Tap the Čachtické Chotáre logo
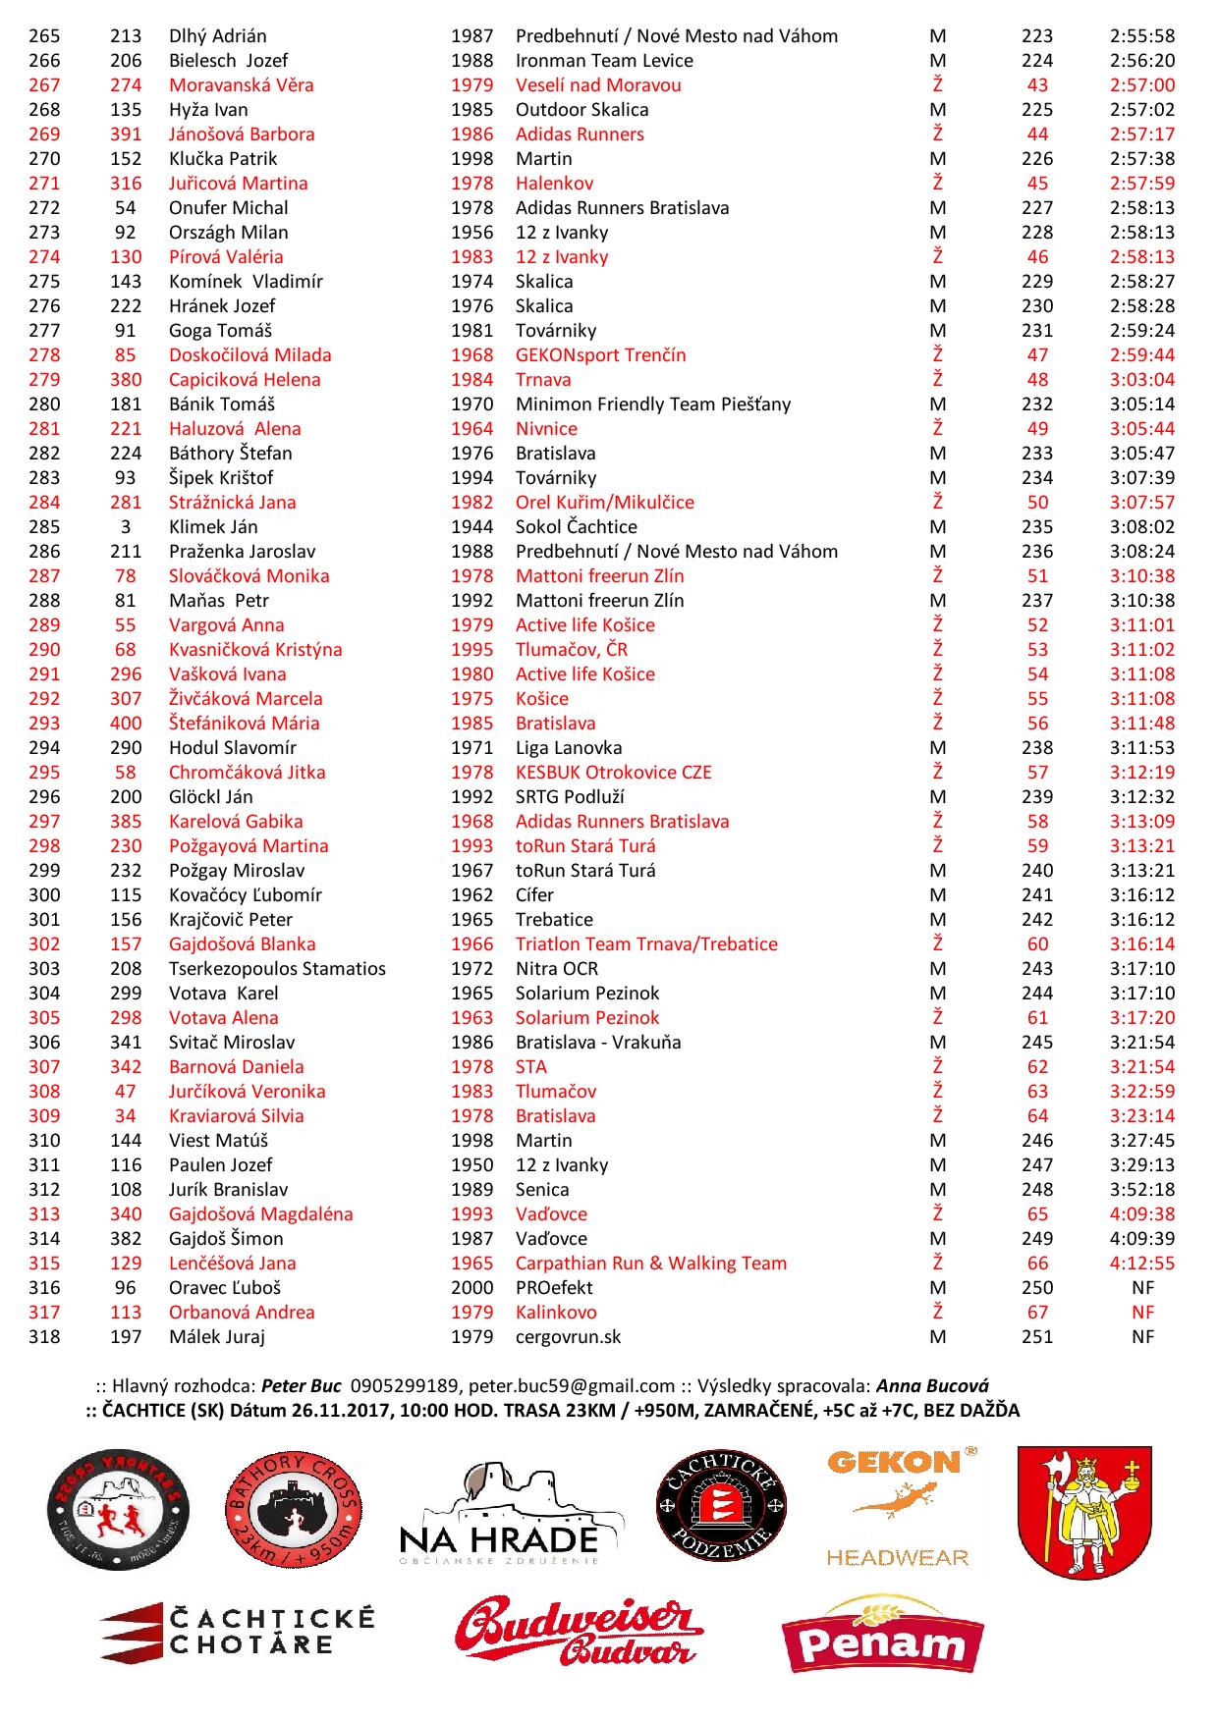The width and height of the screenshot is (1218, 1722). tap(237, 1631)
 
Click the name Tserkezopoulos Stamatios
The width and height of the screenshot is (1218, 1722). tap(277, 969)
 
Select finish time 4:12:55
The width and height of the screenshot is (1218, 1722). tap(1142, 1264)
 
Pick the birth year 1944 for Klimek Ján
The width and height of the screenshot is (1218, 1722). tap(471, 527)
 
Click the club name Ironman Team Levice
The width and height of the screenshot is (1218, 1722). tap(604, 61)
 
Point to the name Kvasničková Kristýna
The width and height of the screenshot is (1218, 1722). tap(255, 650)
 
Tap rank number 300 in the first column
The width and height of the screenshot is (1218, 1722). tap(44, 895)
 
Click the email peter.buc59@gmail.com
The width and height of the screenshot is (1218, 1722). tap(572, 1386)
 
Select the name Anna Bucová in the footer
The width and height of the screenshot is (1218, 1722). tap(932, 1386)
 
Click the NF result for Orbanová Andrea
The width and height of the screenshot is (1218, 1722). tap(1142, 1313)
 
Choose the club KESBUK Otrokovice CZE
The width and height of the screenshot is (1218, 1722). tap(613, 773)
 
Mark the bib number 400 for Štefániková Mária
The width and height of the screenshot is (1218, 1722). tap(126, 724)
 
